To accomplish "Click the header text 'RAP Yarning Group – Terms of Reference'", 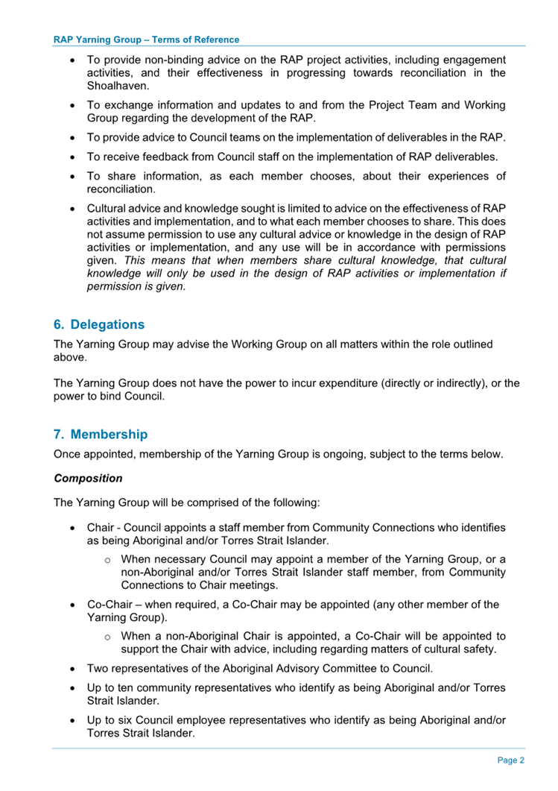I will [x=147, y=40].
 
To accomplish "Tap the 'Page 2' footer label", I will [x=511, y=760].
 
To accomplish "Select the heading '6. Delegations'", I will [x=99, y=325].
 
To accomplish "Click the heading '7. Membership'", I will [x=101, y=434].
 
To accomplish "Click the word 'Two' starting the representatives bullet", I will [x=100, y=668].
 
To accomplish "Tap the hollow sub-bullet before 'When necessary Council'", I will [x=107, y=559].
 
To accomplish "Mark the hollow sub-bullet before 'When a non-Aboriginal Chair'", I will [x=107, y=637].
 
